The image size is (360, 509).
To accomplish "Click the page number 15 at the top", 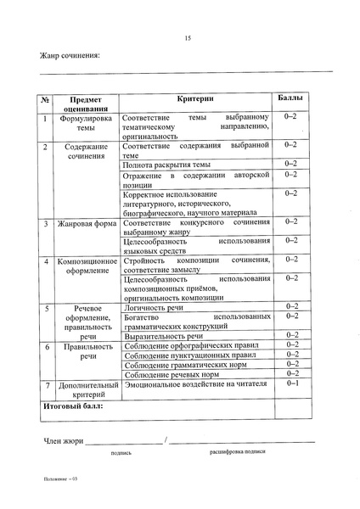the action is (188, 37).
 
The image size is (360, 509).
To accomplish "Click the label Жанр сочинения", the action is (70, 56).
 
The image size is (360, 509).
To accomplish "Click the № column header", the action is (47, 99).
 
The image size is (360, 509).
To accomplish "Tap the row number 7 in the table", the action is (47, 385).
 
